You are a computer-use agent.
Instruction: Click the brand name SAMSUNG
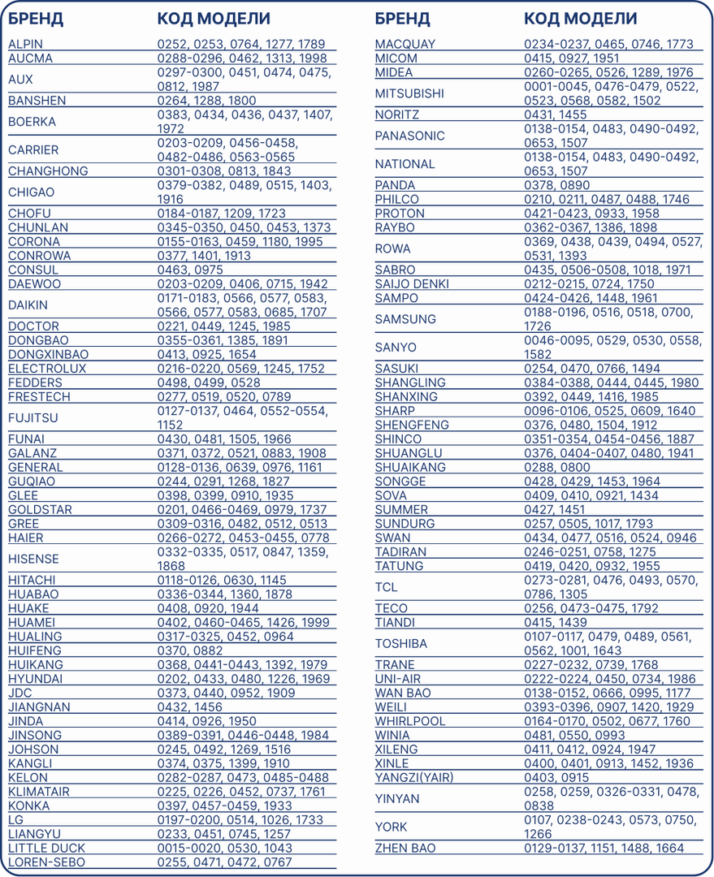tap(405, 319)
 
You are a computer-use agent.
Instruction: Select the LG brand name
tap(15, 820)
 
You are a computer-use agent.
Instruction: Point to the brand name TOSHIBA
tap(400, 644)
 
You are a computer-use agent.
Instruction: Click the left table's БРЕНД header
tap(36, 19)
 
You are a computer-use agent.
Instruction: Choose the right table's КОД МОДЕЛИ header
tap(580, 19)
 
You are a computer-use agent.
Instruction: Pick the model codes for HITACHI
tap(222, 581)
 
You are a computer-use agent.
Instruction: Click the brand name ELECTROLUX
tap(47, 369)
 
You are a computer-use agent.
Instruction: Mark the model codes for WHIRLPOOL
tap(607, 721)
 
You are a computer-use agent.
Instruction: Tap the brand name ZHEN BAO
tap(405, 849)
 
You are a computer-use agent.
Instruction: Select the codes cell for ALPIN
tap(240, 44)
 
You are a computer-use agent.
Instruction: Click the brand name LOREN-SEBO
tap(46, 862)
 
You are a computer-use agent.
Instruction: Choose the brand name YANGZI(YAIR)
tap(414, 778)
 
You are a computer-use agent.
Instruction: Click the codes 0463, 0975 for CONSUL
tap(189, 270)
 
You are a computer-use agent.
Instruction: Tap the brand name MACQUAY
tap(405, 44)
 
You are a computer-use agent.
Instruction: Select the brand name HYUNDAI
tap(35, 679)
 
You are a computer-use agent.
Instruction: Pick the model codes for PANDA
tap(556, 185)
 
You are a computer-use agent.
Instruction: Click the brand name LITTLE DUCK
tap(46, 849)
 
